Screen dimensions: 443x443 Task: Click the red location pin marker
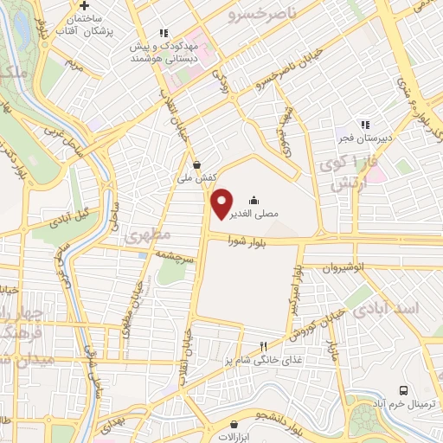[x=222, y=202]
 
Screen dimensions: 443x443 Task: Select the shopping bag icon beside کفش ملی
[x=197, y=163]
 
